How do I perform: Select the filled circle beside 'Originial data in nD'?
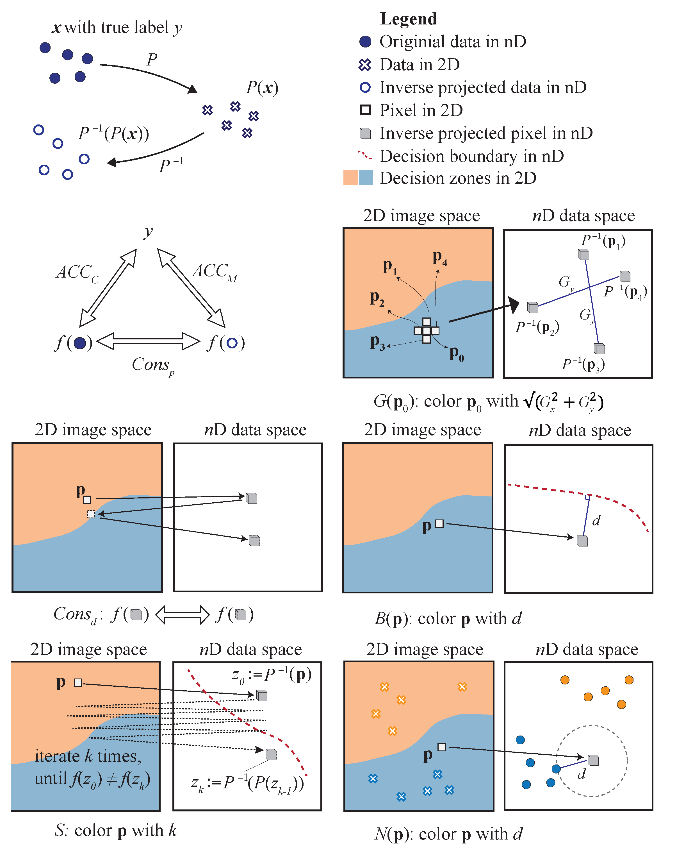pos(365,42)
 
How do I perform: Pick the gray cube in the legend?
pos(365,133)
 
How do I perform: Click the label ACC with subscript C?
pos(77,273)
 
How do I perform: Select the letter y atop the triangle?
pos(148,232)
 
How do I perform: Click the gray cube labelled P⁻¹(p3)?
pos(599,349)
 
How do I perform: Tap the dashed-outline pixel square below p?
pos(91,514)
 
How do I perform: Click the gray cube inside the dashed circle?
pos(593,760)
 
